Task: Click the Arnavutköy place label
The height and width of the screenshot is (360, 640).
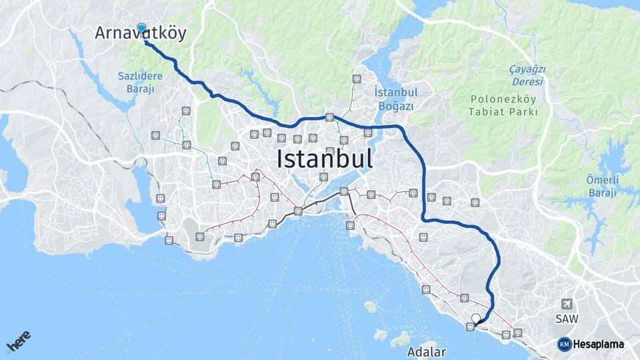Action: [x=141, y=33]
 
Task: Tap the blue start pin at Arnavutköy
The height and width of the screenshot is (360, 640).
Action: [x=141, y=28]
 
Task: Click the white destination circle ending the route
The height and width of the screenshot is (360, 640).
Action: [x=475, y=319]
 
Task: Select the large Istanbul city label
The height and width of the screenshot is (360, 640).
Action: [x=324, y=159]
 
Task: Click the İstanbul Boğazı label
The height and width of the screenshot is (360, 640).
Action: [x=396, y=99]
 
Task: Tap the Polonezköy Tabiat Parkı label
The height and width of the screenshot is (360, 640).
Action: [x=503, y=105]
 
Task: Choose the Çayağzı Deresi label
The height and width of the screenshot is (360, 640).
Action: [x=527, y=75]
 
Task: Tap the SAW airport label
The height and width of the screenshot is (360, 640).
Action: [x=567, y=319]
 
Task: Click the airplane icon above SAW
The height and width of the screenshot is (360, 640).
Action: [x=567, y=304]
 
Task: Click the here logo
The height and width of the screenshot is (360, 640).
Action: [x=18, y=343]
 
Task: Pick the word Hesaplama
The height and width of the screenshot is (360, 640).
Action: [x=599, y=344]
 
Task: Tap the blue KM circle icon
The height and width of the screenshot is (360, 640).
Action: [x=564, y=344]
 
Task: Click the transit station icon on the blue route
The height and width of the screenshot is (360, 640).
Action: [x=329, y=117]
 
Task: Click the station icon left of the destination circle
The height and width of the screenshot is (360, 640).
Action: [x=471, y=327]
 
